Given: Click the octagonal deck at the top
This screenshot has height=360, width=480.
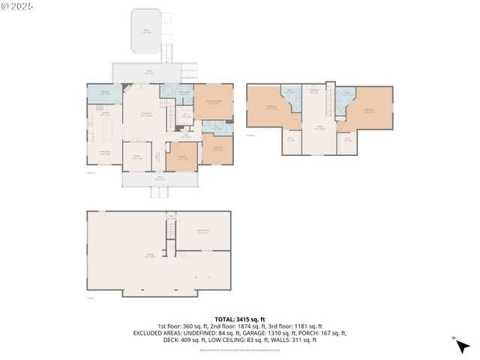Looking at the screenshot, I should (148, 31).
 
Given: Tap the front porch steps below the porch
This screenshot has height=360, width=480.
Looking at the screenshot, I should (159, 193).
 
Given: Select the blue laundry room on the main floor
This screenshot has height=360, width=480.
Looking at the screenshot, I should (99, 94).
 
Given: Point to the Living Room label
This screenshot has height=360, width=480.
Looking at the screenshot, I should (148, 114).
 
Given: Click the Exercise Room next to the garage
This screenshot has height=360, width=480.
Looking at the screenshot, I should (202, 232).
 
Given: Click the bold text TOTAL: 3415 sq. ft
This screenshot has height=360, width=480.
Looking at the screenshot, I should (239, 319).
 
